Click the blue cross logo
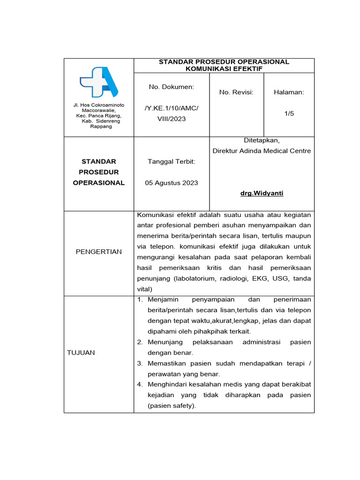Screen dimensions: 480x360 point(99,82)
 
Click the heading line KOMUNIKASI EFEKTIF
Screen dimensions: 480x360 point(224,69)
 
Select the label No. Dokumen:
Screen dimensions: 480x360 point(172,87)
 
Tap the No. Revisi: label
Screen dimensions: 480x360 point(236,92)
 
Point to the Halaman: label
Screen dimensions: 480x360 point(289,92)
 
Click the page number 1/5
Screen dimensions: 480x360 point(289,113)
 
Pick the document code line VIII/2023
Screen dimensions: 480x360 point(172,119)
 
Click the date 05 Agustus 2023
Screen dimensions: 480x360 point(172,183)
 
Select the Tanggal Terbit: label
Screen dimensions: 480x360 point(172,161)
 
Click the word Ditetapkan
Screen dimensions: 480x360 point(261,140)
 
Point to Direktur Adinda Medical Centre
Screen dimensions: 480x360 point(262,151)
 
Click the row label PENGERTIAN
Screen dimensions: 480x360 point(99,252)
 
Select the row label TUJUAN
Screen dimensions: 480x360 point(81,352)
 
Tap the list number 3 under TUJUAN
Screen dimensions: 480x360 point(140,363)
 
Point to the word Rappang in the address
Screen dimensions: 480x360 point(101,127)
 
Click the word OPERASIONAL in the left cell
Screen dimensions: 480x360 point(99,183)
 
